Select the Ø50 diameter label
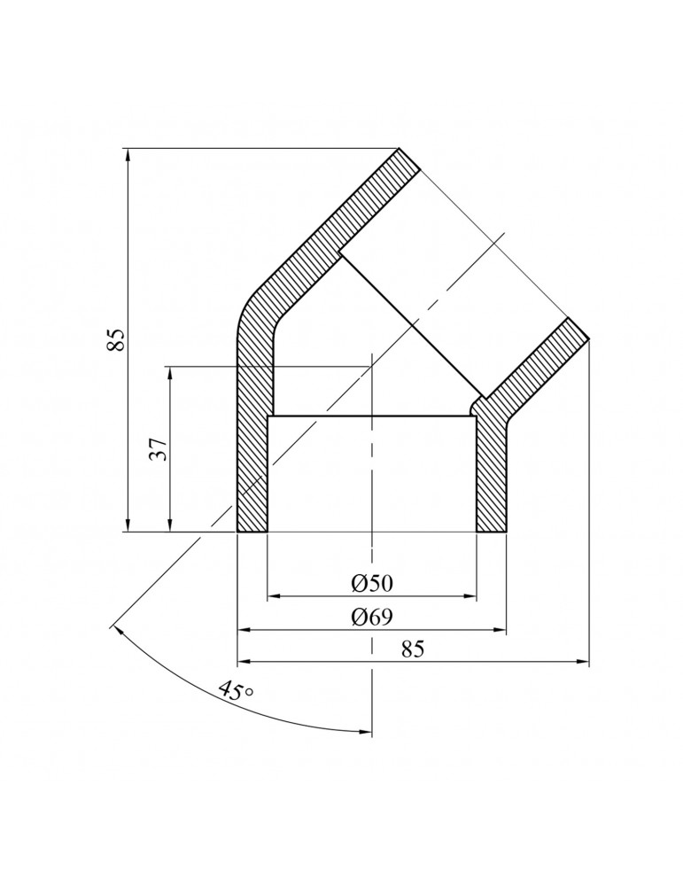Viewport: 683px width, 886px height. (371, 583)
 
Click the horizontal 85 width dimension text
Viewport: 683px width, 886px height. (414, 649)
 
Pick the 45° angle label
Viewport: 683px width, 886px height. (234, 691)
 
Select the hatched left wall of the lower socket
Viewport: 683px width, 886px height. (252, 470)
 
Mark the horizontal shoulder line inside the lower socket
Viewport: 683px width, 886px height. (371, 416)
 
